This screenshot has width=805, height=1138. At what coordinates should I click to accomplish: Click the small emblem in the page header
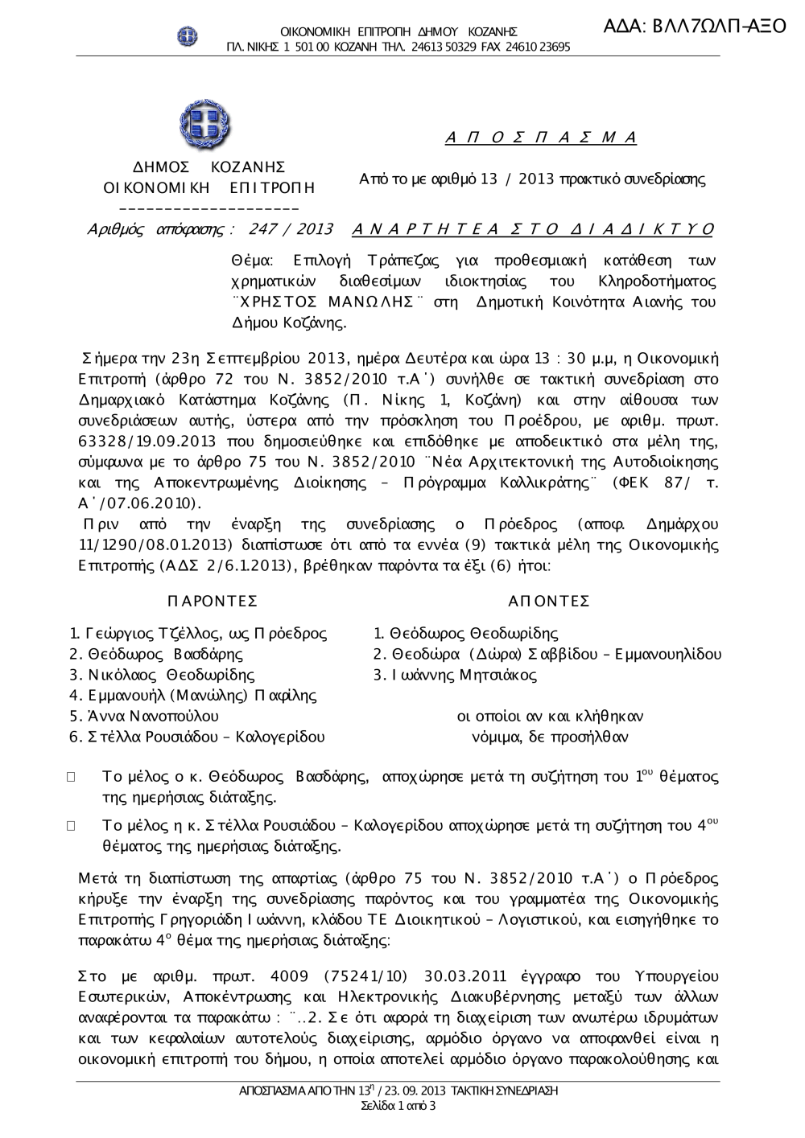point(188,35)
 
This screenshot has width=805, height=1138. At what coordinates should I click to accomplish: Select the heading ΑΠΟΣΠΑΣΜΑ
point(541,138)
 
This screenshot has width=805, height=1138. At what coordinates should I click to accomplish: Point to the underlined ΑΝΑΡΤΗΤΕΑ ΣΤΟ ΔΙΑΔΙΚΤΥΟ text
point(533,229)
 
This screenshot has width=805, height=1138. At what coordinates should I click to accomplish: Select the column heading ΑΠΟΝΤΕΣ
point(550,602)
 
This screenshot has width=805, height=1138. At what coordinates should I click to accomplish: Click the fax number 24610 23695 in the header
point(540,47)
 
